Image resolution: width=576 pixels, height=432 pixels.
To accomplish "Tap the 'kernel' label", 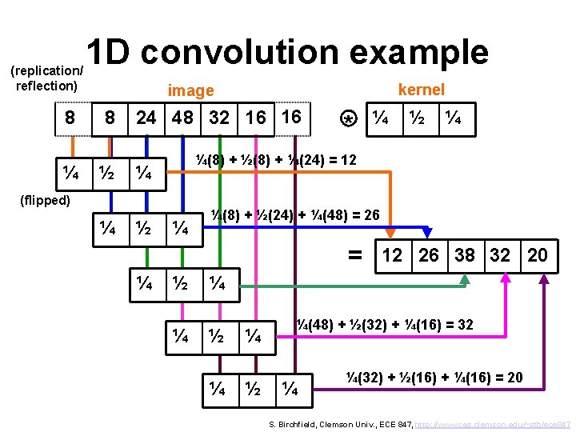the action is click(x=421, y=90).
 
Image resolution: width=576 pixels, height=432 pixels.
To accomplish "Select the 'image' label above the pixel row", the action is click(x=190, y=90).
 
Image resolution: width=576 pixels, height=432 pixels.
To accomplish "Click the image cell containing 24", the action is click(x=146, y=118).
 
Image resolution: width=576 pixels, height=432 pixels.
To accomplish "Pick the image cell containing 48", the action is click(x=182, y=118).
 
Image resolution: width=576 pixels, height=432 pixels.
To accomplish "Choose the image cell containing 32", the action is click(x=219, y=118).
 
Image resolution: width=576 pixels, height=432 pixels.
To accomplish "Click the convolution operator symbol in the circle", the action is click(x=348, y=119).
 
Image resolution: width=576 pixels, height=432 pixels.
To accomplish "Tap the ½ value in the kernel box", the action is click(x=417, y=118).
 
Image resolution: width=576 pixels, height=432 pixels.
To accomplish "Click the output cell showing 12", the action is click(x=392, y=255).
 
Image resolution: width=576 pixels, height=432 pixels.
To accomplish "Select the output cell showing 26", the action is click(x=429, y=255).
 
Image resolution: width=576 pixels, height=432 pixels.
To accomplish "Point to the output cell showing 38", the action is click(x=464, y=255).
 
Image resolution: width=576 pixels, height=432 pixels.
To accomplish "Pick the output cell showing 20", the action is click(x=538, y=255).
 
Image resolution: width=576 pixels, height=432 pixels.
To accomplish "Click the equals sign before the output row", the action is click(x=355, y=254).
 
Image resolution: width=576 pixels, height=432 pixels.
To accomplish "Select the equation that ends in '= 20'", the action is click(x=434, y=377).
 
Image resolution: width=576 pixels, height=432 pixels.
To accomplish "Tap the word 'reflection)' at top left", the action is click(x=46, y=85).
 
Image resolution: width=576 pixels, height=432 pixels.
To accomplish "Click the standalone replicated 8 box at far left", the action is click(x=70, y=118).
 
